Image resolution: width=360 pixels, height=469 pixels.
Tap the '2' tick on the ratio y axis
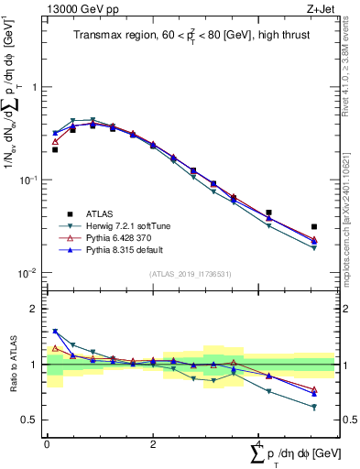pos(35,309)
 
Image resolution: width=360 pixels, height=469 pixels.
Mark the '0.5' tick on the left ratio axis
pos(31,420)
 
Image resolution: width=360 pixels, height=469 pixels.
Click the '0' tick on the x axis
pos(47,443)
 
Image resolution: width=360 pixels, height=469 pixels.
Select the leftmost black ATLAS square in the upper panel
pos(55,149)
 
